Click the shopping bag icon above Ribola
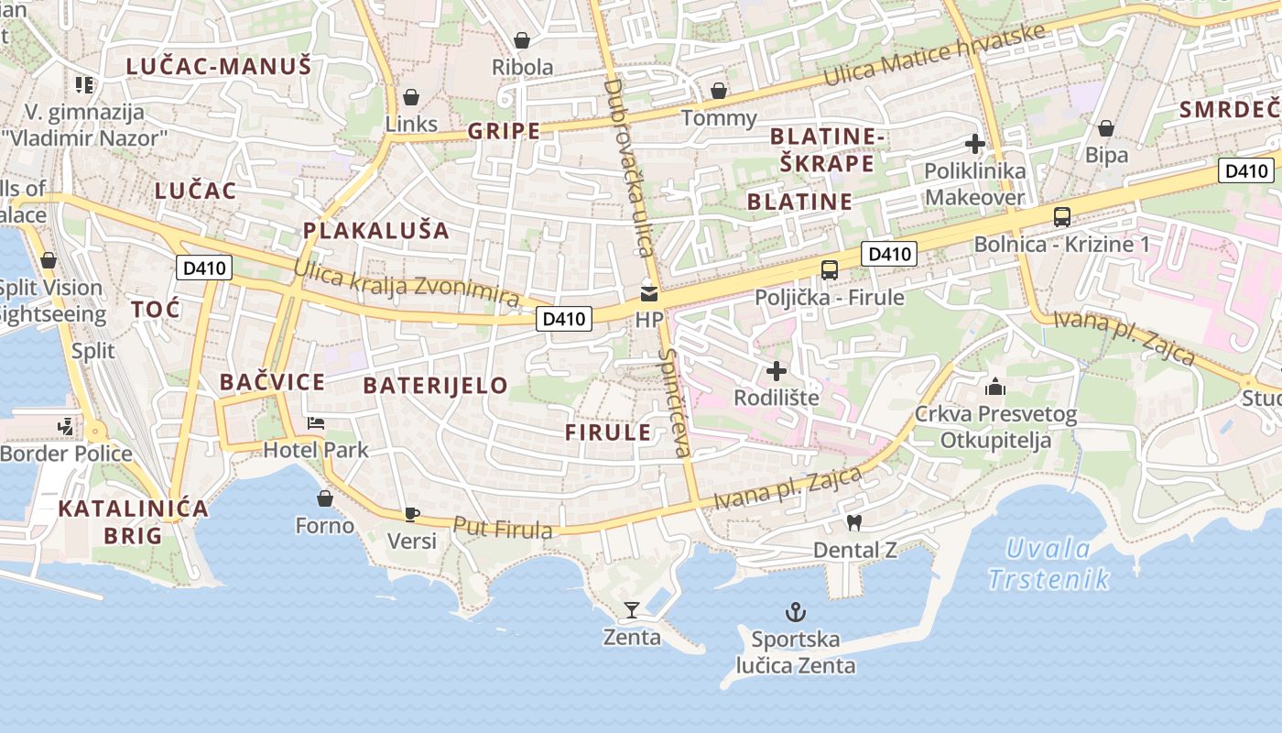point(522,40)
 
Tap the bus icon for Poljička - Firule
point(829,269)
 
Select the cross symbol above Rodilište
point(777,371)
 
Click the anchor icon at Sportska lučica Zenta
point(796,612)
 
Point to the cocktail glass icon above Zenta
point(632,609)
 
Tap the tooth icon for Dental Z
point(854,523)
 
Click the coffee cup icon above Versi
point(412,514)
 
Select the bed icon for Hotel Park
point(316,423)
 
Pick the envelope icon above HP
point(649,294)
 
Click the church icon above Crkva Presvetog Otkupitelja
point(995,388)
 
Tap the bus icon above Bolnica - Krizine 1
point(1062,217)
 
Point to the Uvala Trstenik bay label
point(1049,563)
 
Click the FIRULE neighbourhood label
point(608,432)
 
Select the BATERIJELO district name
point(435,385)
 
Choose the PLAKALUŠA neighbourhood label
point(376,230)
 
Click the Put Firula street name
point(503,528)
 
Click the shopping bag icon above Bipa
point(1106,128)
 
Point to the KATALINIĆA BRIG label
point(133,521)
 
